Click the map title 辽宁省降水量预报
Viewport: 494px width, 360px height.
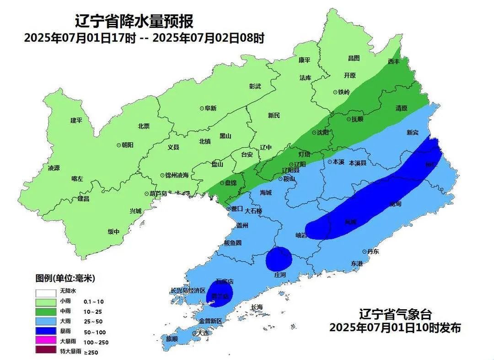(x=134, y=21)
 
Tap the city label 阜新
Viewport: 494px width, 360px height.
(x=210, y=108)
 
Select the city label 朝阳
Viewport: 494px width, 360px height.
(x=127, y=145)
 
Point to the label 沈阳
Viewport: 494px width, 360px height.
(x=323, y=133)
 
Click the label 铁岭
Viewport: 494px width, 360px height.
(x=344, y=92)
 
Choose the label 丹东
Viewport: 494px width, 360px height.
(x=373, y=252)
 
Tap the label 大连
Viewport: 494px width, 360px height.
(x=202, y=333)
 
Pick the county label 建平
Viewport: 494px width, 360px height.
(x=76, y=120)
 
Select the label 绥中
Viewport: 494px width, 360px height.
(x=113, y=232)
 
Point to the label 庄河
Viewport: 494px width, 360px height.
(x=279, y=275)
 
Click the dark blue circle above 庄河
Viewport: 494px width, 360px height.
(x=279, y=258)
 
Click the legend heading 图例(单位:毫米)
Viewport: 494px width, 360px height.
(x=65, y=278)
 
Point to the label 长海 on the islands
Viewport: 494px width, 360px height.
(x=257, y=307)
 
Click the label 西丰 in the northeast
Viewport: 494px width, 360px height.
(x=393, y=61)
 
